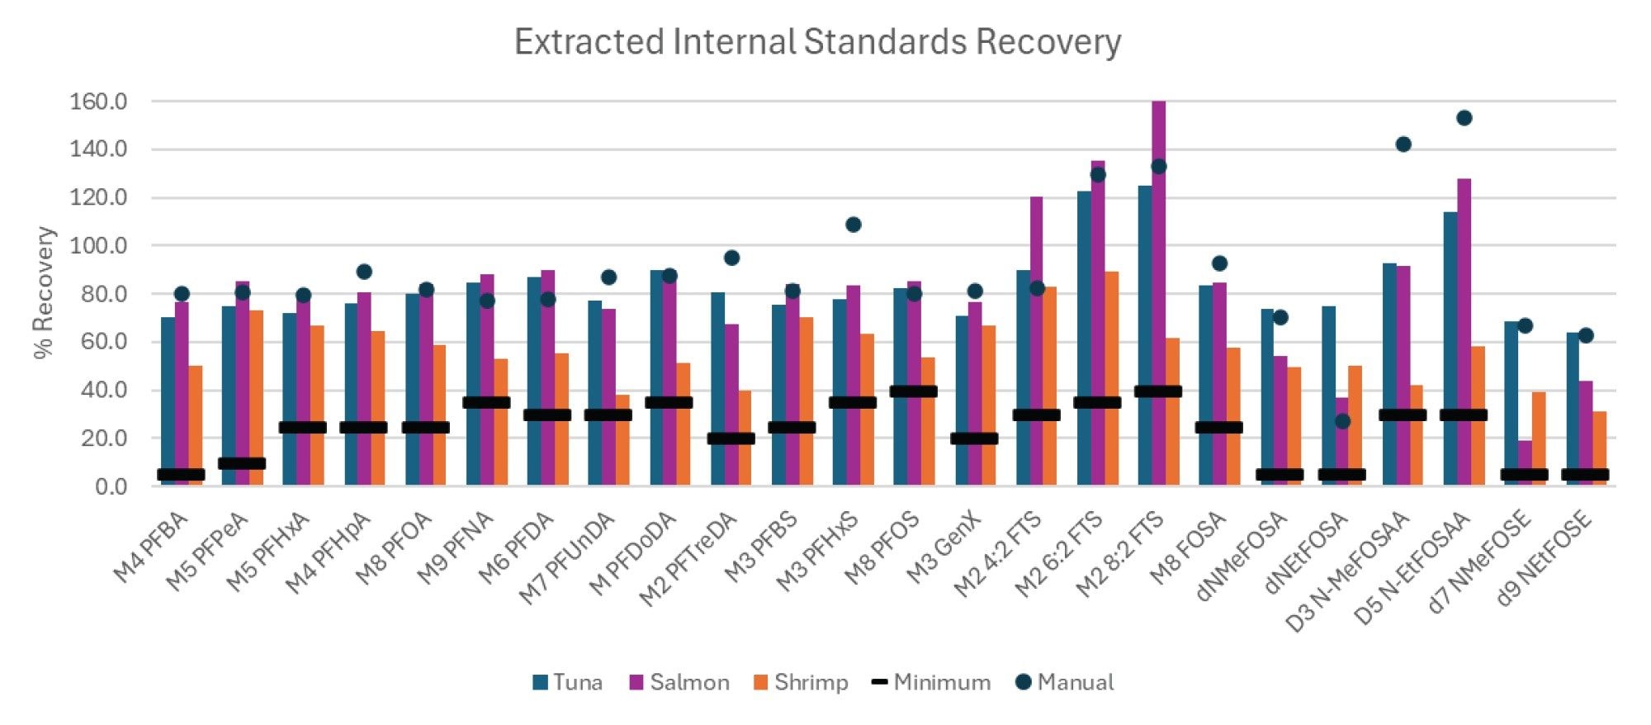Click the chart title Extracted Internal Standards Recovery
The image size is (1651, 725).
coord(817,41)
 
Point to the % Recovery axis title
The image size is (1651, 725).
coord(44,292)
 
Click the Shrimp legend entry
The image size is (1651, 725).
coord(801,682)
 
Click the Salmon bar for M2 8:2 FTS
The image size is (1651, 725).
coord(1158,248)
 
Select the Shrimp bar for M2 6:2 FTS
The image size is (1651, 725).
coord(1111,380)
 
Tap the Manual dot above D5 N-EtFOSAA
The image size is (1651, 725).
coord(1464,118)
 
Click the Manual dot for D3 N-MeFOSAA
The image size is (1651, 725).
coord(1403,145)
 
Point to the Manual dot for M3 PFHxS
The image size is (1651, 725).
coord(853,225)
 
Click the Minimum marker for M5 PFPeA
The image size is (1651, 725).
coord(242,463)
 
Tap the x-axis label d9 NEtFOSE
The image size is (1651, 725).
coord(1543,557)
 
